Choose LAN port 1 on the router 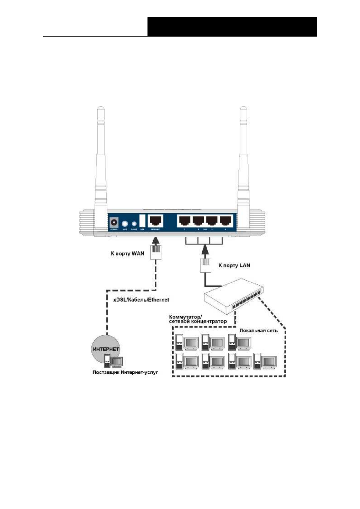click(184, 221)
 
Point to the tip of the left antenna click(101, 108)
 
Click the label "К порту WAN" click(127, 254)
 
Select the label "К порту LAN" click(234, 266)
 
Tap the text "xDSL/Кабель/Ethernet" click(141, 300)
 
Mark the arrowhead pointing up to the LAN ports click(205, 249)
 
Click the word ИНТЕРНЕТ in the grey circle click(106, 349)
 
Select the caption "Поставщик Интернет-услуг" click(125, 372)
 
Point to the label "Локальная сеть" click(258, 330)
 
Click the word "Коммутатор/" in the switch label click(185, 317)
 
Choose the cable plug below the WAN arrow click(156, 253)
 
